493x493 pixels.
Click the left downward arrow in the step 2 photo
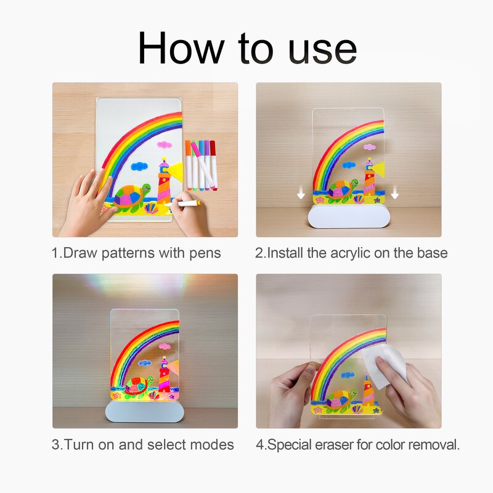tap(301, 195)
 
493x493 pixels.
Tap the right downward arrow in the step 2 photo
tap(394, 195)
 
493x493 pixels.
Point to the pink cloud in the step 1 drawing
tap(164, 145)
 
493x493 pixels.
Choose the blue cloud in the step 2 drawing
tap(349, 165)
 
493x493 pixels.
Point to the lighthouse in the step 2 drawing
tap(369, 179)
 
